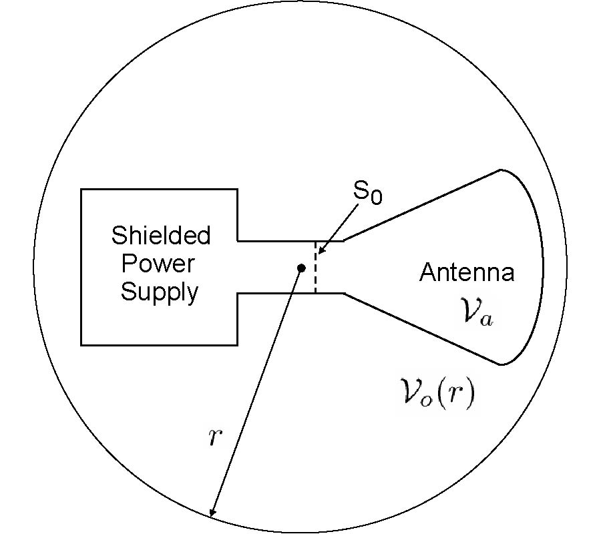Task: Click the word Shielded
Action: pyautogui.click(x=160, y=236)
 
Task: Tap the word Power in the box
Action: pyautogui.click(x=158, y=264)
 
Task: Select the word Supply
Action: pyautogui.click(x=160, y=292)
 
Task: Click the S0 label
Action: pyautogui.click(x=368, y=194)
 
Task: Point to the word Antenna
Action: pyautogui.click(x=467, y=273)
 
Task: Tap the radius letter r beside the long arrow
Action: pyautogui.click(x=213, y=438)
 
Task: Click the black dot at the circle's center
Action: pyautogui.click(x=301, y=268)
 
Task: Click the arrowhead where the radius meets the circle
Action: pyautogui.click(x=211, y=513)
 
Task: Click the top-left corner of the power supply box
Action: pyautogui.click(x=81, y=190)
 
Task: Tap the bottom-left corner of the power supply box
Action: pyautogui.click(x=81, y=344)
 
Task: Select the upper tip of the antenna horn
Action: pyautogui.click(x=500, y=170)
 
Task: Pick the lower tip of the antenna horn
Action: pyautogui.click(x=500, y=364)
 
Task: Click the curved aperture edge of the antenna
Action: pyautogui.click(x=542, y=267)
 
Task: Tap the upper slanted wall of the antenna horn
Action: pyautogui.click(x=421, y=205)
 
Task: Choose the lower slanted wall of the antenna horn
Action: pyautogui.click(x=421, y=328)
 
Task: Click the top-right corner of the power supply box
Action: pyautogui.click(x=237, y=190)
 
